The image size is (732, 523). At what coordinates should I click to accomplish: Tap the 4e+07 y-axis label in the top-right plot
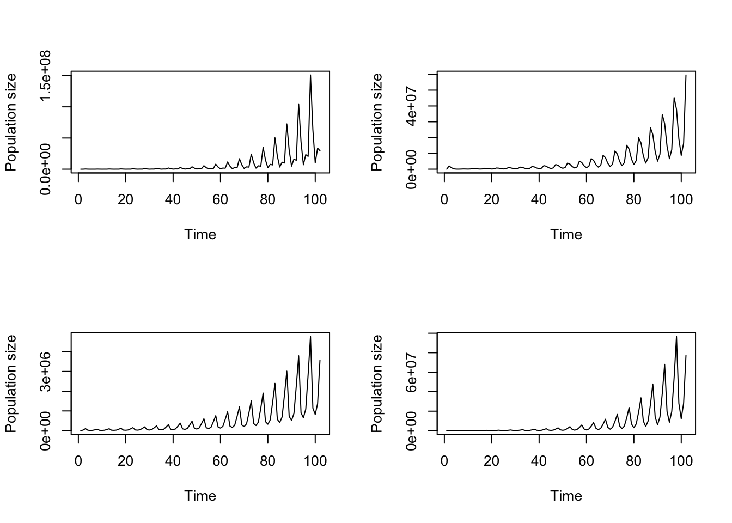coord(412,106)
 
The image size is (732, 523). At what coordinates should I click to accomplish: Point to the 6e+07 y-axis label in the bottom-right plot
coord(412,373)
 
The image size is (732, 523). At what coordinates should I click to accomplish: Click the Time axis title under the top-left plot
coord(200,234)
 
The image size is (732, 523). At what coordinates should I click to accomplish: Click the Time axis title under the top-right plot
coord(566,234)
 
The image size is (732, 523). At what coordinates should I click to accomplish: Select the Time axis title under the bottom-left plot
coord(200,496)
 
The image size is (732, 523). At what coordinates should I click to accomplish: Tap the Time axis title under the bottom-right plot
coord(566,496)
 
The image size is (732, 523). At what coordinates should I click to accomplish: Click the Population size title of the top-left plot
coord(11,122)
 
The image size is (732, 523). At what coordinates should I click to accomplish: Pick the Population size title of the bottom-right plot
coord(377,384)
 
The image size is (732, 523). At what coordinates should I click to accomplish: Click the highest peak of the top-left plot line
coord(310,75)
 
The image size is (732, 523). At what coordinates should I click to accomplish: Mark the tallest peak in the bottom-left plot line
coord(310,336)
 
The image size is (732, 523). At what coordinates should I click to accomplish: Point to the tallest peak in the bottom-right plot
coord(676,336)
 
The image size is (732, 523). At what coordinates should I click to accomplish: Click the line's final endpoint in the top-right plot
coord(686,75)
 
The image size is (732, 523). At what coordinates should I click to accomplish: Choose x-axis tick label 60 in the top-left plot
coord(221,199)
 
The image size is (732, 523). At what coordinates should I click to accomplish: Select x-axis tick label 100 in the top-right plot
coord(681,199)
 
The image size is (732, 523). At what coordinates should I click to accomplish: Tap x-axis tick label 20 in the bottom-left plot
coord(126,461)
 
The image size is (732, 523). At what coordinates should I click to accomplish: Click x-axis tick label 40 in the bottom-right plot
coord(539,461)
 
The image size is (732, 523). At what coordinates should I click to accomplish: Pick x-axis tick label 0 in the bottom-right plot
coord(444,461)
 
